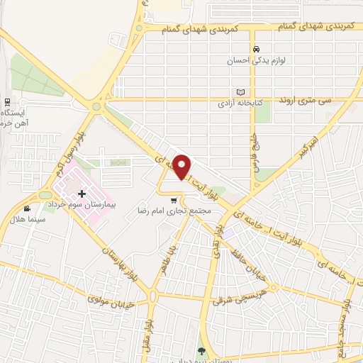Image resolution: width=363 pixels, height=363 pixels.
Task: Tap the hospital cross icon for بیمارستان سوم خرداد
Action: (82, 194)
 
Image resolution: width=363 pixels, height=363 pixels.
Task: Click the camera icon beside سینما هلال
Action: (27, 208)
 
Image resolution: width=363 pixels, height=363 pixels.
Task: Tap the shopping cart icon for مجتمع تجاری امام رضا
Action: (174, 201)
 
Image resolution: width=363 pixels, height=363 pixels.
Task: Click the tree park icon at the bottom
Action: (201, 351)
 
